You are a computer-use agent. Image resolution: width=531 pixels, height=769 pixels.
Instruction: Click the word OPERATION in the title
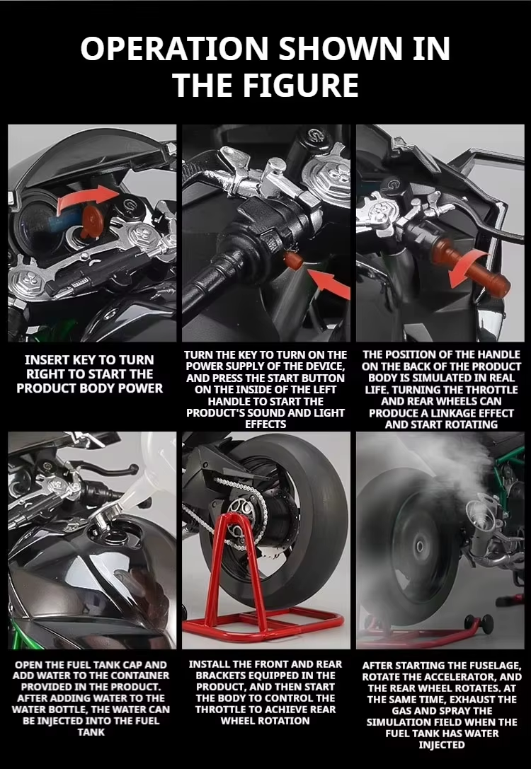pyautogui.click(x=174, y=48)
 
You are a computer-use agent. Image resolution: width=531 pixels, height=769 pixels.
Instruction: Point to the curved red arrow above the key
pyautogui.click(x=88, y=197)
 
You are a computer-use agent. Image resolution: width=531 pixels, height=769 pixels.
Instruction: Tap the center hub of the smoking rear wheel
pyautogui.click(x=420, y=545)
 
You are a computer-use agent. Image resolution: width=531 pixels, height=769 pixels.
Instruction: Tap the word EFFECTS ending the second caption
pyautogui.click(x=265, y=424)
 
